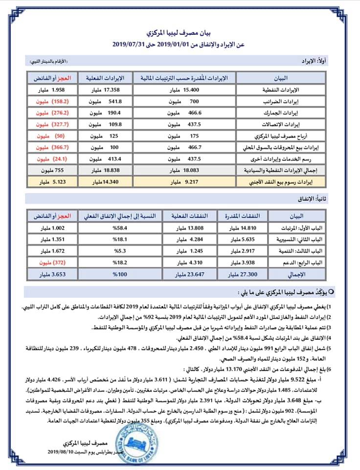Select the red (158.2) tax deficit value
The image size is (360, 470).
pyautogui.click(x=48, y=101)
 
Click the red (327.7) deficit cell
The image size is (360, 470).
pyautogui.click(x=48, y=124)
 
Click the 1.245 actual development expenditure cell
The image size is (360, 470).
pyautogui.click(x=188, y=251)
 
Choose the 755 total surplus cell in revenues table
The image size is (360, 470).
pyautogui.click(x=48, y=170)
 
